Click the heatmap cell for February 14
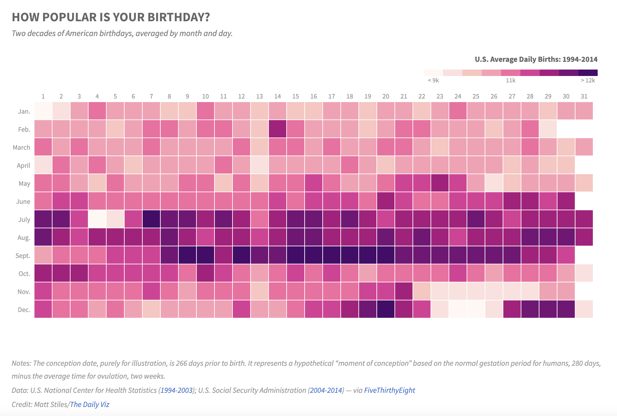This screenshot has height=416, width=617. click(x=278, y=129)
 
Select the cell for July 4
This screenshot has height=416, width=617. click(x=97, y=219)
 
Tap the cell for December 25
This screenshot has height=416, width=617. click(x=476, y=309)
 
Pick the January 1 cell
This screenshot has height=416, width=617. click(x=43, y=111)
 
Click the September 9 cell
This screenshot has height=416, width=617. click(x=187, y=255)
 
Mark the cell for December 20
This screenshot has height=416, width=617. click(x=386, y=309)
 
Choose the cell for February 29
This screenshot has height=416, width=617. click(x=548, y=129)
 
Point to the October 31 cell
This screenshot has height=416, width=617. click(x=584, y=273)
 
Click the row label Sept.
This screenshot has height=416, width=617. click(x=23, y=256)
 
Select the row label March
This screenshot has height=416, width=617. click(x=22, y=147)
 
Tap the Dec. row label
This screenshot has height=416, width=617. click(x=24, y=310)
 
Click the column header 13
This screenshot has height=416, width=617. click(x=260, y=96)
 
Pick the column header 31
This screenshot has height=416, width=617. click(x=584, y=96)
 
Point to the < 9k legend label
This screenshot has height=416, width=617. click(x=433, y=80)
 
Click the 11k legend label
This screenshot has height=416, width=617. click(x=511, y=80)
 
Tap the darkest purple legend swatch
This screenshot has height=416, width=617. click(x=588, y=72)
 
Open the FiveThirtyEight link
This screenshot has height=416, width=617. click(x=389, y=390)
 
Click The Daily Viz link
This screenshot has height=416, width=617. click(x=90, y=404)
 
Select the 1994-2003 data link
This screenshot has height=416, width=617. click(x=176, y=390)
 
